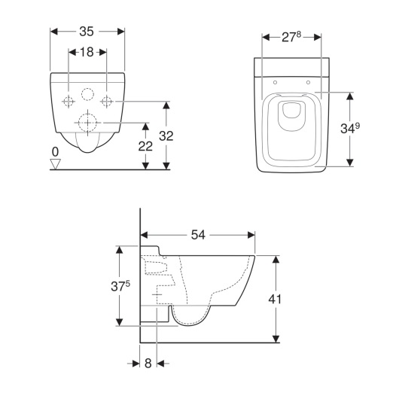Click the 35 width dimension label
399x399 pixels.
(87, 32)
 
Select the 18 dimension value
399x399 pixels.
(87, 52)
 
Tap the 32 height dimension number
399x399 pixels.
(166, 136)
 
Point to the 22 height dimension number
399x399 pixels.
(145, 146)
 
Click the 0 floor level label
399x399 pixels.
(55, 152)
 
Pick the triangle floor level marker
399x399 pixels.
(55, 164)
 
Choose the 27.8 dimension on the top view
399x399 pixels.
(291, 37)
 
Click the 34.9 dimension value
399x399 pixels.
(350, 128)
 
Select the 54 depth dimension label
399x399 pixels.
(198, 235)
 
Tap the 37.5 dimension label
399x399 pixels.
(120, 286)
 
